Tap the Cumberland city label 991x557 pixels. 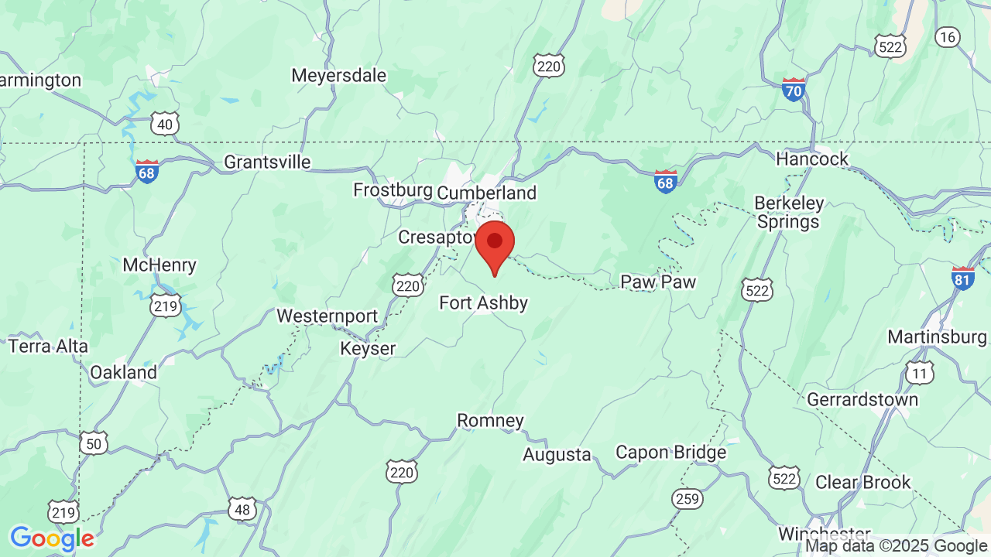[x=486, y=193]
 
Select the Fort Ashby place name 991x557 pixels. [x=483, y=302]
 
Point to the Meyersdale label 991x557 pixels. [x=338, y=76]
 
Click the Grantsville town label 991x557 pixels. [x=267, y=162]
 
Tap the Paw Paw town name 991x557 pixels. [x=658, y=282]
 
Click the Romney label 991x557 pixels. [x=490, y=421]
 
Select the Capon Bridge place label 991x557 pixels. [x=670, y=452]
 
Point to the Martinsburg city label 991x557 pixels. [x=937, y=337]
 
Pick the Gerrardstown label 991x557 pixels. [x=862, y=399]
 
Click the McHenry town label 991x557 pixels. [x=159, y=265]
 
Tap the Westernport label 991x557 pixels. [x=327, y=316]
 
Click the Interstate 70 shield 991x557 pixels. [x=794, y=89]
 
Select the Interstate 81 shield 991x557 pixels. [x=963, y=278]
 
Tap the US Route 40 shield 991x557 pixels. [x=165, y=123]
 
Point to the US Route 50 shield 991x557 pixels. [x=93, y=443]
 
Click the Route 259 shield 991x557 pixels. [x=687, y=499]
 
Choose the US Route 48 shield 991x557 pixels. [x=242, y=508]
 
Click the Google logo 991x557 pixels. [x=52, y=538]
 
